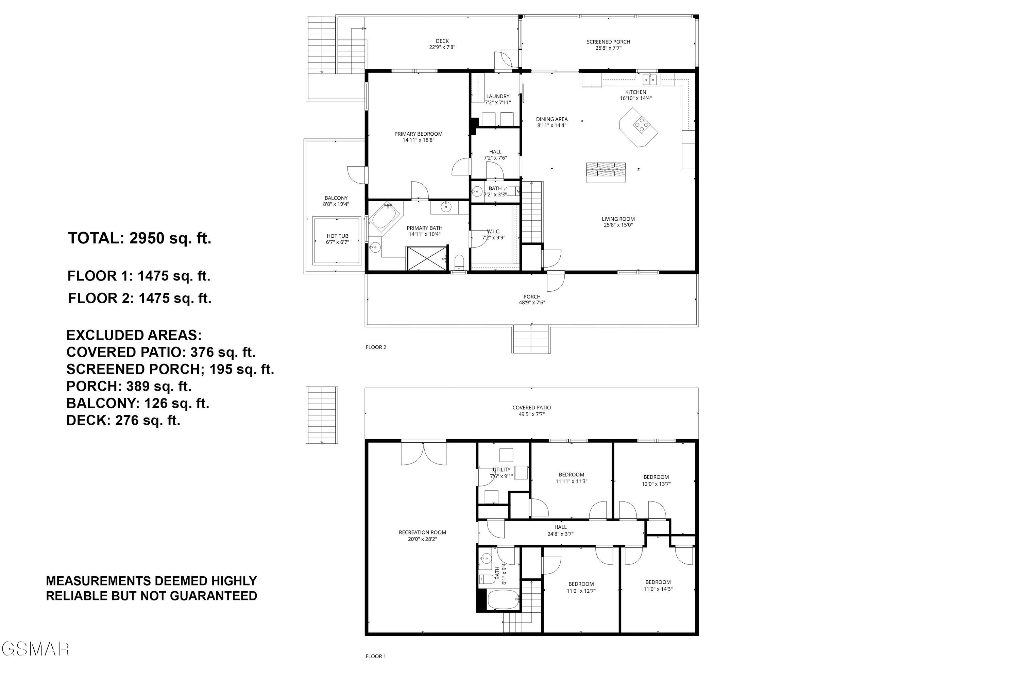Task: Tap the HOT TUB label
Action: (x=337, y=236)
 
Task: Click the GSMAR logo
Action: (x=35, y=649)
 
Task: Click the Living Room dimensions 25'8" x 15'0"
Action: (x=618, y=225)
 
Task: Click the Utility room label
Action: (x=501, y=470)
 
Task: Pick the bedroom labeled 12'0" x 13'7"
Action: (x=656, y=480)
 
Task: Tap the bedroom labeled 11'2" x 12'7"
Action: (x=581, y=587)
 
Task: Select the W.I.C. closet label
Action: (x=494, y=232)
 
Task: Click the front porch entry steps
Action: (x=531, y=339)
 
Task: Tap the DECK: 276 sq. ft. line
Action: (x=123, y=420)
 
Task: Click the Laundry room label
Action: (x=497, y=97)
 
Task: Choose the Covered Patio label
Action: (x=531, y=408)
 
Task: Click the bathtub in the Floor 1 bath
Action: (x=503, y=600)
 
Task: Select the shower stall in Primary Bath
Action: (x=427, y=258)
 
